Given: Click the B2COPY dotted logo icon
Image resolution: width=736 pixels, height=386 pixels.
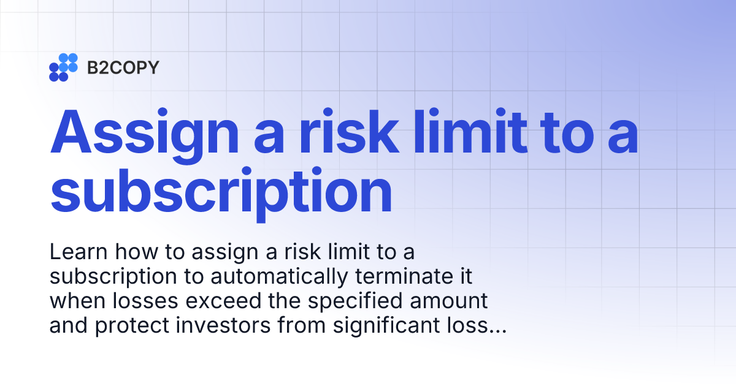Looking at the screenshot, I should point(63,67).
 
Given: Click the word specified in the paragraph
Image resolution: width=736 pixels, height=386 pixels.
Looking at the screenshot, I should point(345,301).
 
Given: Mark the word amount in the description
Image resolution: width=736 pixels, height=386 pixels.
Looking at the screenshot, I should point(448,301).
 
